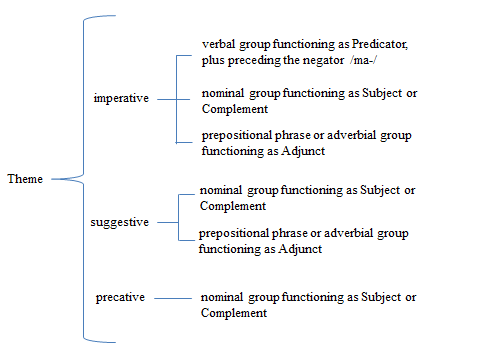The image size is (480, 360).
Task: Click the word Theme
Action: pyautogui.click(x=24, y=180)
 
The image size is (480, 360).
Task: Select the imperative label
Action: pyautogui.click(x=120, y=98)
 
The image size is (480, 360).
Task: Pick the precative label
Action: pyautogui.click(x=120, y=298)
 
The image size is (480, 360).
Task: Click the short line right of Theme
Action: pyautogui.click(x=64, y=180)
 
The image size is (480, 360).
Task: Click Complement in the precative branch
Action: pyautogui.click(x=234, y=312)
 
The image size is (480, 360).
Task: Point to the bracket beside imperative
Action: pyautogui.click(x=177, y=98)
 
